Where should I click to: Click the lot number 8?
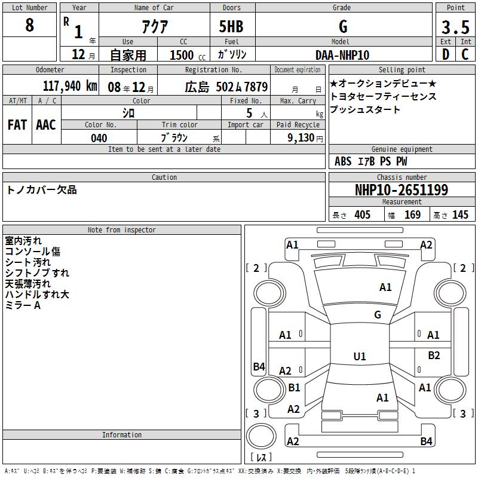click(29, 24)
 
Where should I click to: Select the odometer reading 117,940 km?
click(70, 86)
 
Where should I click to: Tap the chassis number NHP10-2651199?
click(402, 190)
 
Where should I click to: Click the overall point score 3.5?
click(455, 27)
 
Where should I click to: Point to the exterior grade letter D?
click(445, 54)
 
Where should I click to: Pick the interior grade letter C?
click(465, 54)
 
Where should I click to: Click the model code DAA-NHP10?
click(342, 55)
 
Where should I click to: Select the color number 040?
click(99, 138)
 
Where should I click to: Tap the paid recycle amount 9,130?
click(301, 138)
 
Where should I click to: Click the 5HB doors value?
click(231, 26)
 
